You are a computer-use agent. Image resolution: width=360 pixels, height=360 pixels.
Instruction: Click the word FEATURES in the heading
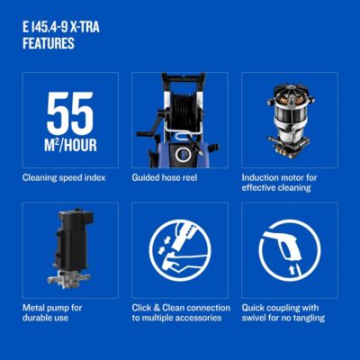[x=49, y=43]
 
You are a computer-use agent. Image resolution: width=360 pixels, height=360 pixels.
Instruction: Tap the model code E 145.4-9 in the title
[x=44, y=28]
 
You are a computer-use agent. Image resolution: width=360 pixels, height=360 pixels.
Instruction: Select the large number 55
[x=70, y=113]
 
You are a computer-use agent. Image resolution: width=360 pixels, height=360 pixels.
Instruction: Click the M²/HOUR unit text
[x=70, y=145]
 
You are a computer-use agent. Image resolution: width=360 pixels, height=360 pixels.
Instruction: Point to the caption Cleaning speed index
[x=64, y=177]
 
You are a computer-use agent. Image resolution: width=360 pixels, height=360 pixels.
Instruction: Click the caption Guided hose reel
[x=165, y=177]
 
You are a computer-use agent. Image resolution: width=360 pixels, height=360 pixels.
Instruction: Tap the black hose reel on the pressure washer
[x=184, y=112]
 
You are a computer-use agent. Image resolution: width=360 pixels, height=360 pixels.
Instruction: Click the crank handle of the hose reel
[x=149, y=129]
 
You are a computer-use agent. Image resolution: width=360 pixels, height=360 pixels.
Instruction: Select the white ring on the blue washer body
[x=183, y=155]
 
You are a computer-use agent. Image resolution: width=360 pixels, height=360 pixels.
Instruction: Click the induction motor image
[x=290, y=121]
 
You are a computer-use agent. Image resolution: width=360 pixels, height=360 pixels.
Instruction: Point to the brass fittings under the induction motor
[x=289, y=150]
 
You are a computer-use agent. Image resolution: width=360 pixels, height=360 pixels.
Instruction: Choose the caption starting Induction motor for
[x=279, y=183]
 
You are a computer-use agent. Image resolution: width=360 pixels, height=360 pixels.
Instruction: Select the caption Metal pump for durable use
[x=52, y=313]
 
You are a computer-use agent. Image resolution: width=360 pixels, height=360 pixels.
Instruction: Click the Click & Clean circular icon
[x=180, y=250]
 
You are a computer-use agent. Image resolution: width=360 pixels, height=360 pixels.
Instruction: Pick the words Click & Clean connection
[x=181, y=308]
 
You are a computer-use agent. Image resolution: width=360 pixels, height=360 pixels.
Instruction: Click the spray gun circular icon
[x=290, y=250]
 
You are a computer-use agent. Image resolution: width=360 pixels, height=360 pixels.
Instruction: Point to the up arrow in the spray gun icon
[x=291, y=270]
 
